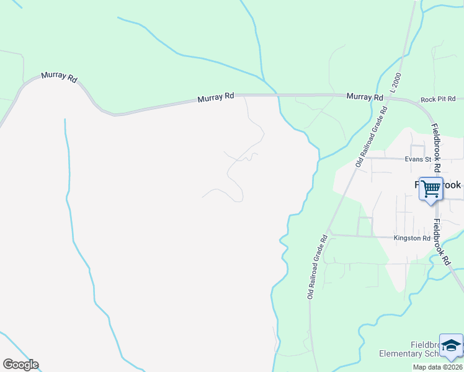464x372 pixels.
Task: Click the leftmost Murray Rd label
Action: [x=59, y=77]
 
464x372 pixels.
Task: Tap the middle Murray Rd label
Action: [x=216, y=97]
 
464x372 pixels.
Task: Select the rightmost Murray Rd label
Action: [x=365, y=97]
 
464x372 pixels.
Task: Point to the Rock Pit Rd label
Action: [x=438, y=99]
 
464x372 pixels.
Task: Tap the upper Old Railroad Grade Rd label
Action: [x=372, y=136]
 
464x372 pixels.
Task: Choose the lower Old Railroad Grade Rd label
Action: [x=317, y=267]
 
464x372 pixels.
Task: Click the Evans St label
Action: [x=417, y=159]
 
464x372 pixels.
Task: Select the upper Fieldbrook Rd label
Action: [x=437, y=148]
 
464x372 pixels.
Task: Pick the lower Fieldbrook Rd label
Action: [x=442, y=242]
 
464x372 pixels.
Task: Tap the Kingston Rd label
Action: [x=412, y=238]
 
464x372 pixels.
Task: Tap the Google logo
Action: [x=20, y=365]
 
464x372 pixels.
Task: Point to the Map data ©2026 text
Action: [x=438, y=367]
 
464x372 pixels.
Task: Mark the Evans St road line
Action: [x=385, y=157]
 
